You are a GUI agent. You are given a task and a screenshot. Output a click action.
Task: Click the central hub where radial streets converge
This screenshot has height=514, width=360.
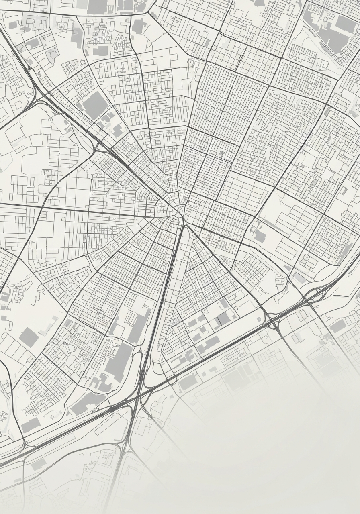pyautogui.click(x=178, y=212)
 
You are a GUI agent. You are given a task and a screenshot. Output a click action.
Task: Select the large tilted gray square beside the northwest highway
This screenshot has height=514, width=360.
pyautogui.click(x=95, y=105)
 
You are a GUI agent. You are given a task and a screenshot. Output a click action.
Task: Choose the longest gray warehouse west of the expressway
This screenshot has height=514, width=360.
pyautogui.click(x=119, y=361)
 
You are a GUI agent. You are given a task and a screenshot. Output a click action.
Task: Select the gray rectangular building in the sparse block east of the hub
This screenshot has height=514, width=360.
pyautogui.click(x=260, y=237)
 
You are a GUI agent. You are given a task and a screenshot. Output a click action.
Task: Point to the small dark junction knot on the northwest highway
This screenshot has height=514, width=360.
pyautogui.click(x=30, y=68)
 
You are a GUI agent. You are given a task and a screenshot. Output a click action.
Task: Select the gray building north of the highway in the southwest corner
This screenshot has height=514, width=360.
pyautogui.click(x=31, y=425)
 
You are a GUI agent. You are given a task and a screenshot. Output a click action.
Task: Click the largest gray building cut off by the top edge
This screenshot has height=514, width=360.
pyautogui.click(x=98, y=6)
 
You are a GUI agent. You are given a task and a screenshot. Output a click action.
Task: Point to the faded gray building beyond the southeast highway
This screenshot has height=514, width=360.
pyautogui.click(x=189, y=382)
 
